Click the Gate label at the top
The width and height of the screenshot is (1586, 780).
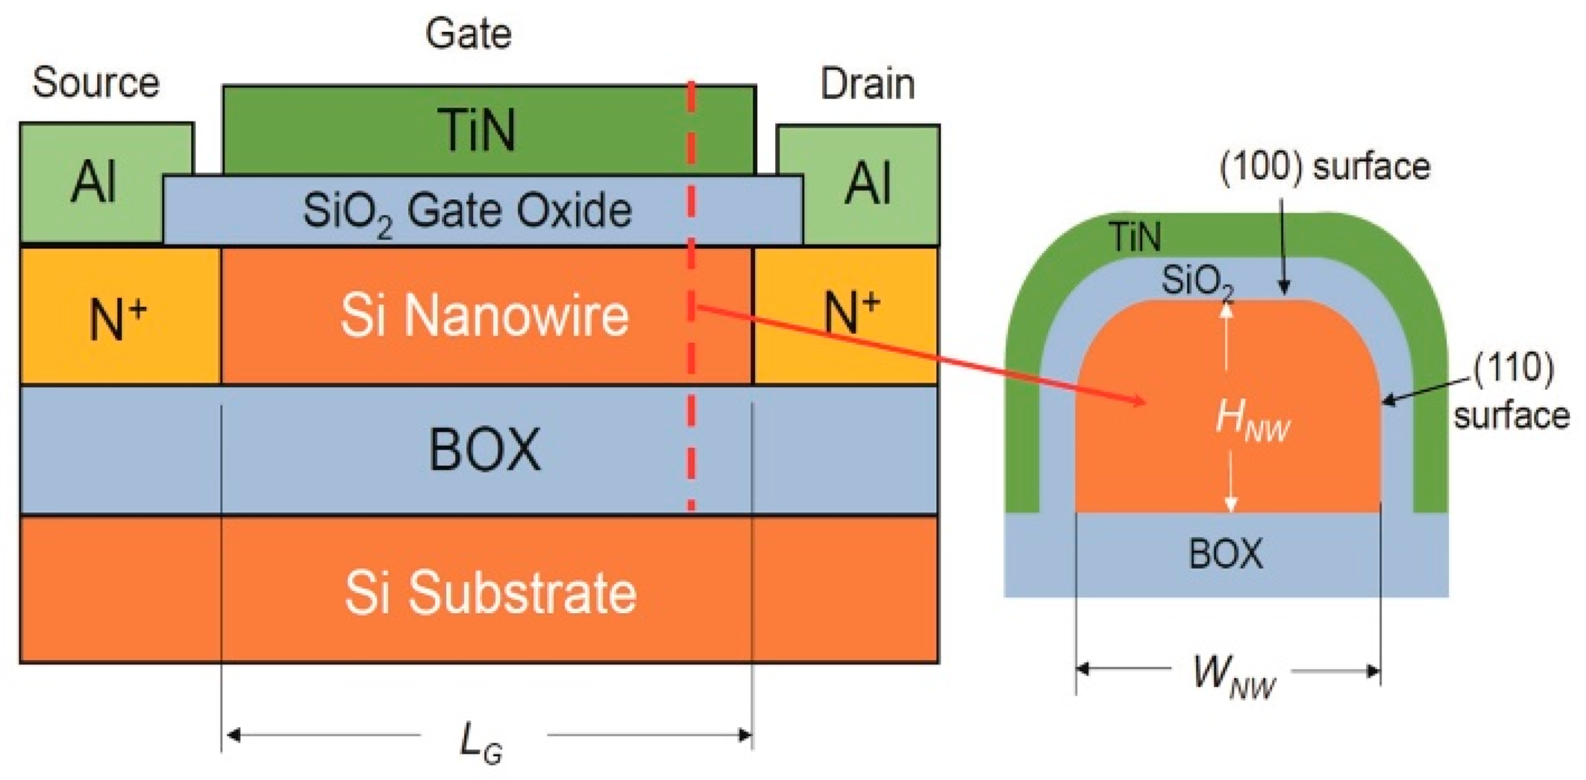[x=468, y=34]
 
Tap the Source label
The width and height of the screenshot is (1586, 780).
[x=95, y=82]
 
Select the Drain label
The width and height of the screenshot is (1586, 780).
[x=868, y=84]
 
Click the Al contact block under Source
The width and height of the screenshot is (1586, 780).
[x=93, y=182]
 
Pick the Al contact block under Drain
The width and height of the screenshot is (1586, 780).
[x=868, y=183]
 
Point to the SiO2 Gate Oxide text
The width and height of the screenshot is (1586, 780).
[x=467, y=211]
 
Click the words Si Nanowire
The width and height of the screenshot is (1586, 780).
[x=485, y=315]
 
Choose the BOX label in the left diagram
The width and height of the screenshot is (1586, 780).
[x=485, y=450]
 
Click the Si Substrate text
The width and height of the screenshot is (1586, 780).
[x=490, y=593]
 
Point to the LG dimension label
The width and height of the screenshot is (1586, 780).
[x=480, y=743]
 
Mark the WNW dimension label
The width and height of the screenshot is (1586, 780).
[x=1234, y=676]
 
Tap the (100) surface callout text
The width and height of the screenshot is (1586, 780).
[x=1325, y=167]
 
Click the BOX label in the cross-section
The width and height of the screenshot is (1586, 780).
[x=1226, y=554]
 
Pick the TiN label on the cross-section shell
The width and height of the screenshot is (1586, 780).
[x=1135, y=237]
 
